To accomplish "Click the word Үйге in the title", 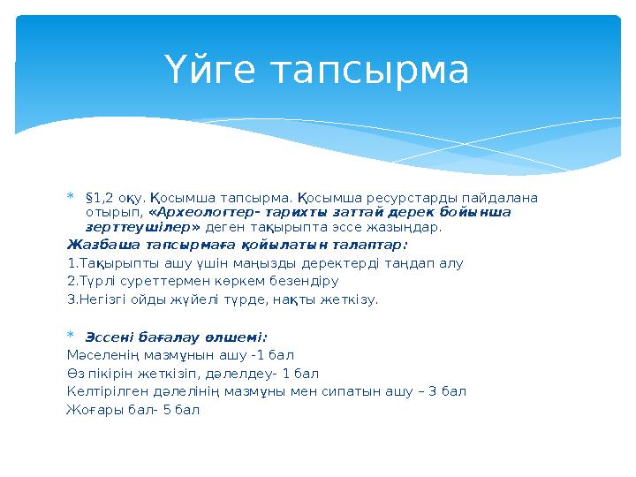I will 209,72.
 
